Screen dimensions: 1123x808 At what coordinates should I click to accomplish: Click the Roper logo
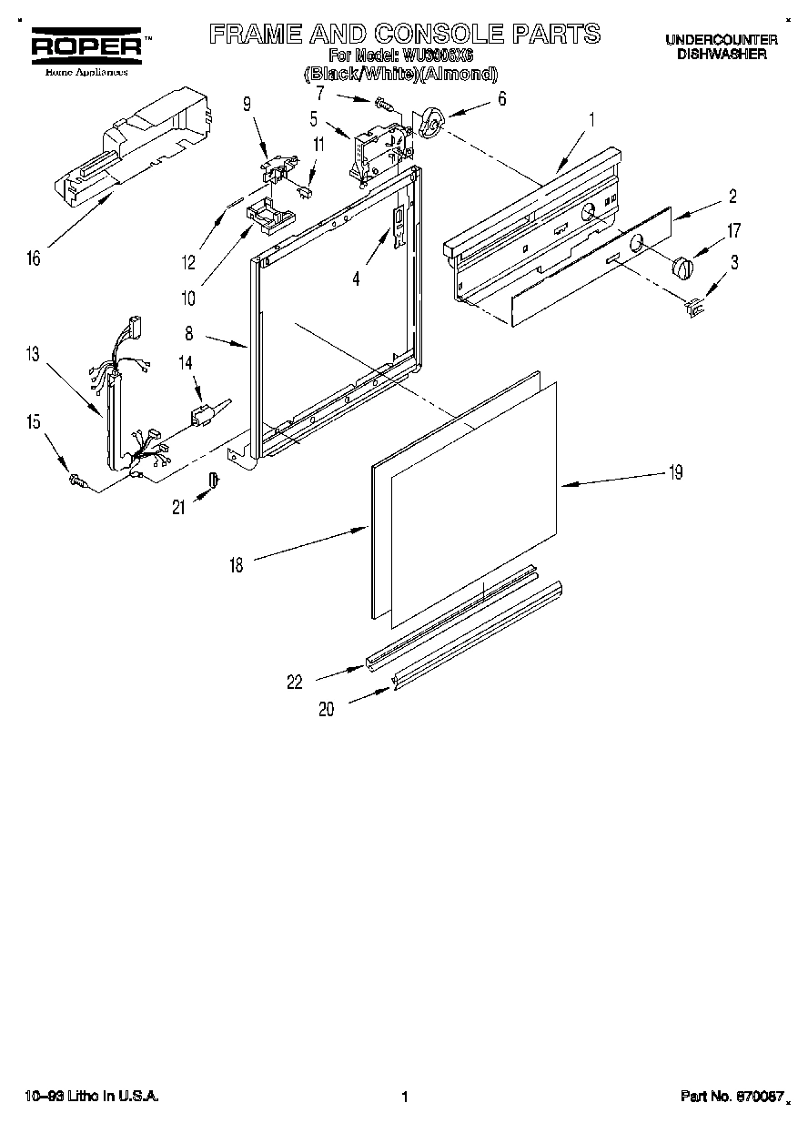point(87,46)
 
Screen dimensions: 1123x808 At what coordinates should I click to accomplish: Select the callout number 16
point(34,259)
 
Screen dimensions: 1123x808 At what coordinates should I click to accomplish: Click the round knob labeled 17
point(682,268)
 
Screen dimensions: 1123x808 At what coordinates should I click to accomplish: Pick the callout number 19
point(674,472)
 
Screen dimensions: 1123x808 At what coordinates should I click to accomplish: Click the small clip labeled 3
point(695,309)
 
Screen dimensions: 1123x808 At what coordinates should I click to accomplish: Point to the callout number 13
point(34,354)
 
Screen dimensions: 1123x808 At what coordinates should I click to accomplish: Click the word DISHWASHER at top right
point(721,54)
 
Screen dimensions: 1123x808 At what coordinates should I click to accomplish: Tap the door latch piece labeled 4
point(399,225)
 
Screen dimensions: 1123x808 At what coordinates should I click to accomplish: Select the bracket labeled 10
point(270,215)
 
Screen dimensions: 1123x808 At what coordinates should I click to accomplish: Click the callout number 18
point(236,565)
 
